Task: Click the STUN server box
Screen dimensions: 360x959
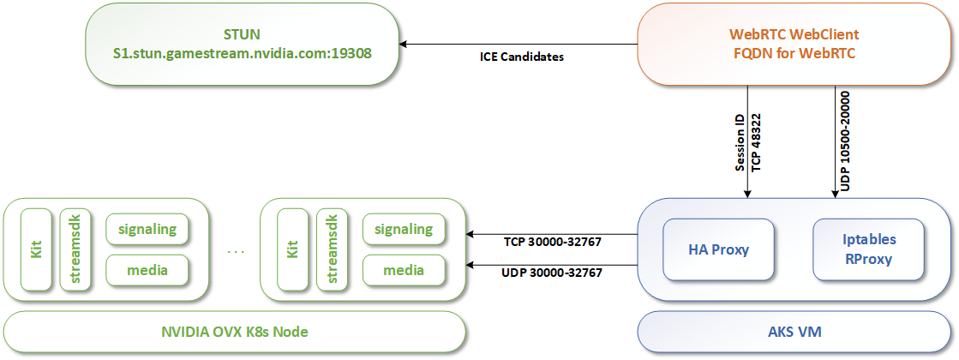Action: [x=243, y=44]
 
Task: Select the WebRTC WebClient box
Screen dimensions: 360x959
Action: [x=794, y=44]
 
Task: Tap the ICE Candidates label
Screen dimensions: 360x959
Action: [x=521, y=58]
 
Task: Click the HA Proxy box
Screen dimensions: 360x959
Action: [x=719, y=249]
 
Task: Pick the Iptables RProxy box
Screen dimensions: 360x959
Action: [x=868, y=249]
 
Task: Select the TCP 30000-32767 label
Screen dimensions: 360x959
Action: [x=552, y=243]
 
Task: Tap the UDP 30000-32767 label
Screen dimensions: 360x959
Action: [x=552, y=273]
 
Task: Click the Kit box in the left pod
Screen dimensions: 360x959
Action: [x=36, y=249]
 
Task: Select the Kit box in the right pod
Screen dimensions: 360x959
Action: [x=292, y=249]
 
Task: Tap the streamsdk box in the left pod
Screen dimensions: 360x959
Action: [x=75, y=249]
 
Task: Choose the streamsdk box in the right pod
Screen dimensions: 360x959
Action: [x=332, y=249]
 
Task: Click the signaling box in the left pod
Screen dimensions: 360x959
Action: [x=147, y=229]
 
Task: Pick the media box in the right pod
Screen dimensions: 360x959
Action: [x=404, y=271]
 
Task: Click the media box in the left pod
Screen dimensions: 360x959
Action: [x=147, y=271]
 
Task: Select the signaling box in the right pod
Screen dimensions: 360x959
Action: [x=404, y=229]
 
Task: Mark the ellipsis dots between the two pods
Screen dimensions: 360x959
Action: [x=236, y=252]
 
